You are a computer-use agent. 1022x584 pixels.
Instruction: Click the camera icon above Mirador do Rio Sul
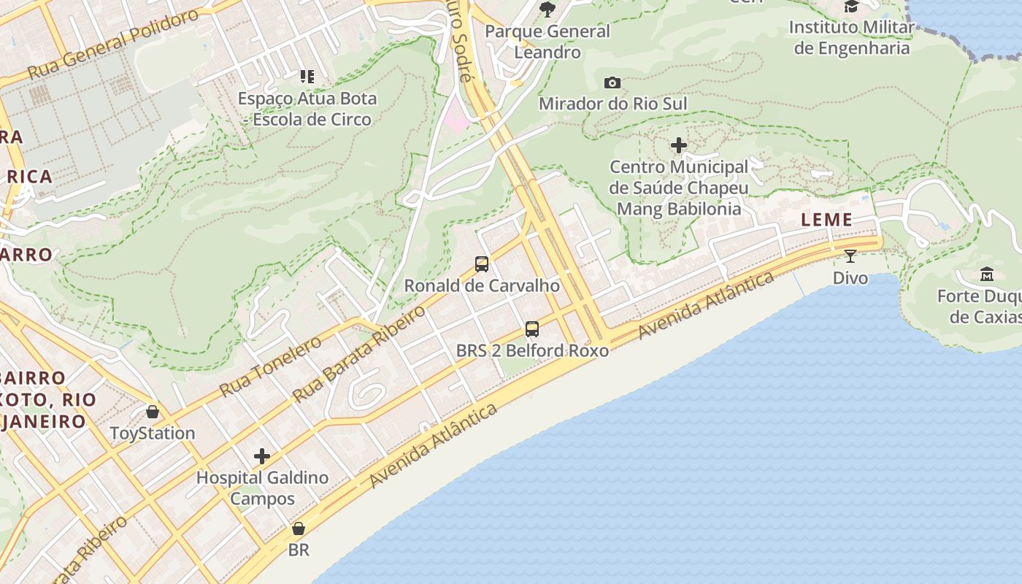click(612, 82)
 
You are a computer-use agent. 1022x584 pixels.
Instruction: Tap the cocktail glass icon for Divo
click(850, 256)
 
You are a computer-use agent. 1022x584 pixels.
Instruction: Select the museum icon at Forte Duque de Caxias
click(987, 274)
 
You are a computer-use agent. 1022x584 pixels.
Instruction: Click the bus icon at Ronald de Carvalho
click(482, 264)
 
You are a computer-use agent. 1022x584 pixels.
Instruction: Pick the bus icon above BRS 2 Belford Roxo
click(532, 329)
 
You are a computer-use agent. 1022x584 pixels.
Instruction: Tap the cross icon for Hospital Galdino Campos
click(262, 457)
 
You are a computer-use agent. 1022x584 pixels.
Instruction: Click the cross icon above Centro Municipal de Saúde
click(679, 145)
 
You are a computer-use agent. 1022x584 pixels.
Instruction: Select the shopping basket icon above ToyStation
click(153, 412)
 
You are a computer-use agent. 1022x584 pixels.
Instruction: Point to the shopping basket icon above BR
click(298, 529)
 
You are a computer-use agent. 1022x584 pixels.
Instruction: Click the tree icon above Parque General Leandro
click(547, 9)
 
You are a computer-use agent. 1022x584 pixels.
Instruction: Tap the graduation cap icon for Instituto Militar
click(851, 7)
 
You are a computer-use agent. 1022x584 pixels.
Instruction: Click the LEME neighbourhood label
click(826, 220)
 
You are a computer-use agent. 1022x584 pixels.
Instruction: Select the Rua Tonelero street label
click(269, 366)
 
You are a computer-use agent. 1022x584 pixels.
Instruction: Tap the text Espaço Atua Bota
click(307, 99)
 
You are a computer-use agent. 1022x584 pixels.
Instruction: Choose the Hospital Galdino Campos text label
click(262, 488)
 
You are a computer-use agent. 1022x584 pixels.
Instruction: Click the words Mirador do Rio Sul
click(612, 104)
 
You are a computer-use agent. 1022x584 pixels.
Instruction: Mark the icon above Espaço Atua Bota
click(307, 76)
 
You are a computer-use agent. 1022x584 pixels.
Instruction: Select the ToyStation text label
click(153, 434)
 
